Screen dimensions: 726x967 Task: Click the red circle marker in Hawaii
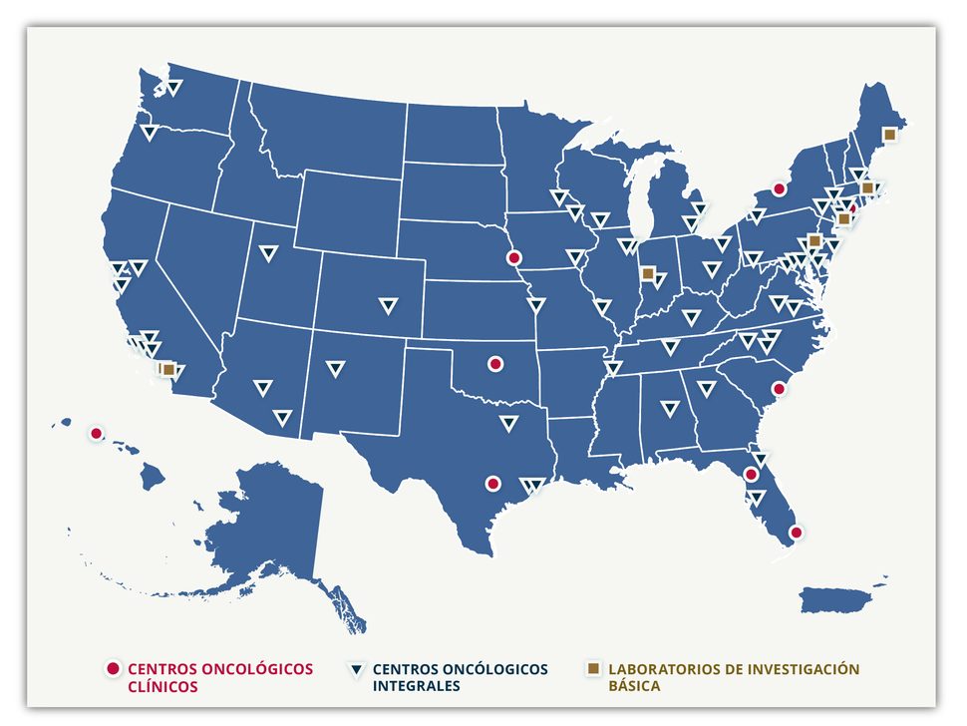click(96, 433)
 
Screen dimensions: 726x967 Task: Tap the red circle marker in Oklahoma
click(494, 364)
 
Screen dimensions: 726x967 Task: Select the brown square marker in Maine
click(889, 134)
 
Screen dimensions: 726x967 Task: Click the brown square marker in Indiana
click(648, 272)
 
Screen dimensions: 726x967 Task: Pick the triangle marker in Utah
click(268, 252)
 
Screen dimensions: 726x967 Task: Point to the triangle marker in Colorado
click(388, 305)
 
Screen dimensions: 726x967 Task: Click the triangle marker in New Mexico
click(335, 369)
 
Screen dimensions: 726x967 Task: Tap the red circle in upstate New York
click(780, 188)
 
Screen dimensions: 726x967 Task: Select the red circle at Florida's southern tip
click(796, 532)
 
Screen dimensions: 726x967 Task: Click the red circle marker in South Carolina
click(780, 389)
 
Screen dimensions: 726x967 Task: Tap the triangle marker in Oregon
click(150, 132)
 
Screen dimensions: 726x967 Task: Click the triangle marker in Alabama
click(670, 408)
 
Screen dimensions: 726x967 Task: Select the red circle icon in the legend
click(113, 668)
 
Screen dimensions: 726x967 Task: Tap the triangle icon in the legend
click(356, 669)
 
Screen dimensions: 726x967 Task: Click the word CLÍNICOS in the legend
click(163, 686)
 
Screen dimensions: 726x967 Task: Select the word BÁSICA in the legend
click(634, 686)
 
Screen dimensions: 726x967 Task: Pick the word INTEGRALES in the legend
click(416, 686)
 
